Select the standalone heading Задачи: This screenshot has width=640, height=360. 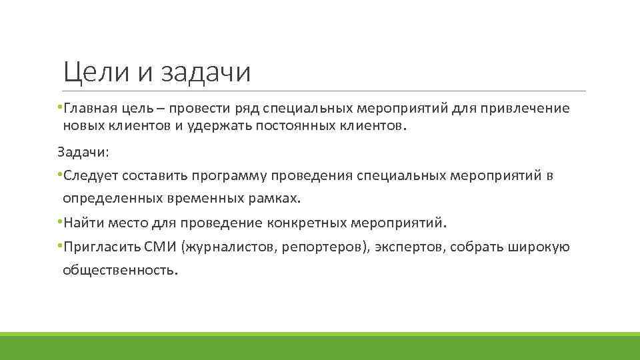pyautogui.click(x=83, y=153)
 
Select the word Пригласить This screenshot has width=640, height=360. pyautogui.click(x=101, y=247)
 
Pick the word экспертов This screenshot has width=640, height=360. pyautogui.click(x=409, y=247)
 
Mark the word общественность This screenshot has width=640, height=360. pyautogui.click(x=120, y=270)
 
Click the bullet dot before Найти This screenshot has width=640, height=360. pyautogui.click(x=59, y=221)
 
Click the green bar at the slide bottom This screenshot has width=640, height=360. pyautogui.click(x=320, y=346)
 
